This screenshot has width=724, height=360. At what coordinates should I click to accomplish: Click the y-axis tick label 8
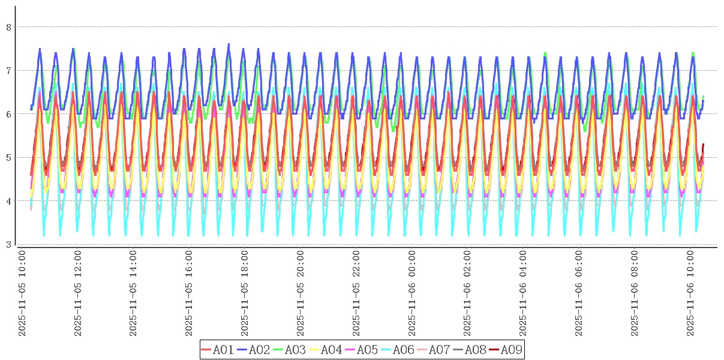pos(8,27)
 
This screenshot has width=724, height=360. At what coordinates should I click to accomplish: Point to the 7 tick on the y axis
pos(8,71)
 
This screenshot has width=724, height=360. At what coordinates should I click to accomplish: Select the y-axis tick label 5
pos(8,158)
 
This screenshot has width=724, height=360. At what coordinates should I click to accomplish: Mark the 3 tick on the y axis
pos(8,244)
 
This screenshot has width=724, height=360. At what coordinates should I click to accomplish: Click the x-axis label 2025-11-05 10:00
pos(22,293)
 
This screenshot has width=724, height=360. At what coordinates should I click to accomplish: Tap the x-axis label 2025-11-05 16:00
pos(190,293)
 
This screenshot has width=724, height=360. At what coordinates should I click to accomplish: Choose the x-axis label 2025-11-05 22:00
pos(356,293)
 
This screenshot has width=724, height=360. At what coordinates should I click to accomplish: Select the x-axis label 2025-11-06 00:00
pos(412,293)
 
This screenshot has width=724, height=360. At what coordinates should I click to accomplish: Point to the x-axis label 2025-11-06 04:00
pos(524,293)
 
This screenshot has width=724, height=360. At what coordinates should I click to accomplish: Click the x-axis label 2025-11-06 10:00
pos(691,293)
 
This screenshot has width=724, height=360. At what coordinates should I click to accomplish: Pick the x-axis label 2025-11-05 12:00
pos(78,293)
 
